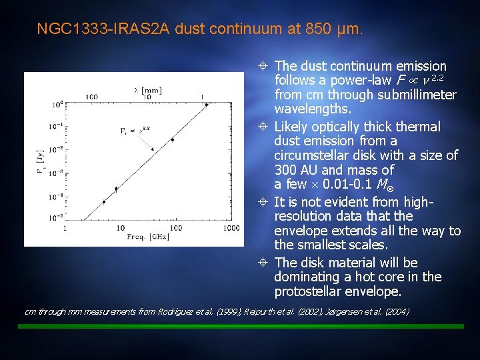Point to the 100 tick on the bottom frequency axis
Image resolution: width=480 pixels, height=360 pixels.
coord(175,228)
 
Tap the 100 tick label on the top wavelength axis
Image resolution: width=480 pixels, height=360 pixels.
coord(92,96)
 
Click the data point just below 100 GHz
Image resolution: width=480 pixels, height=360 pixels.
coord(173,139)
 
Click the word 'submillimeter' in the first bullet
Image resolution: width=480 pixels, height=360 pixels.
coord(416,95)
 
